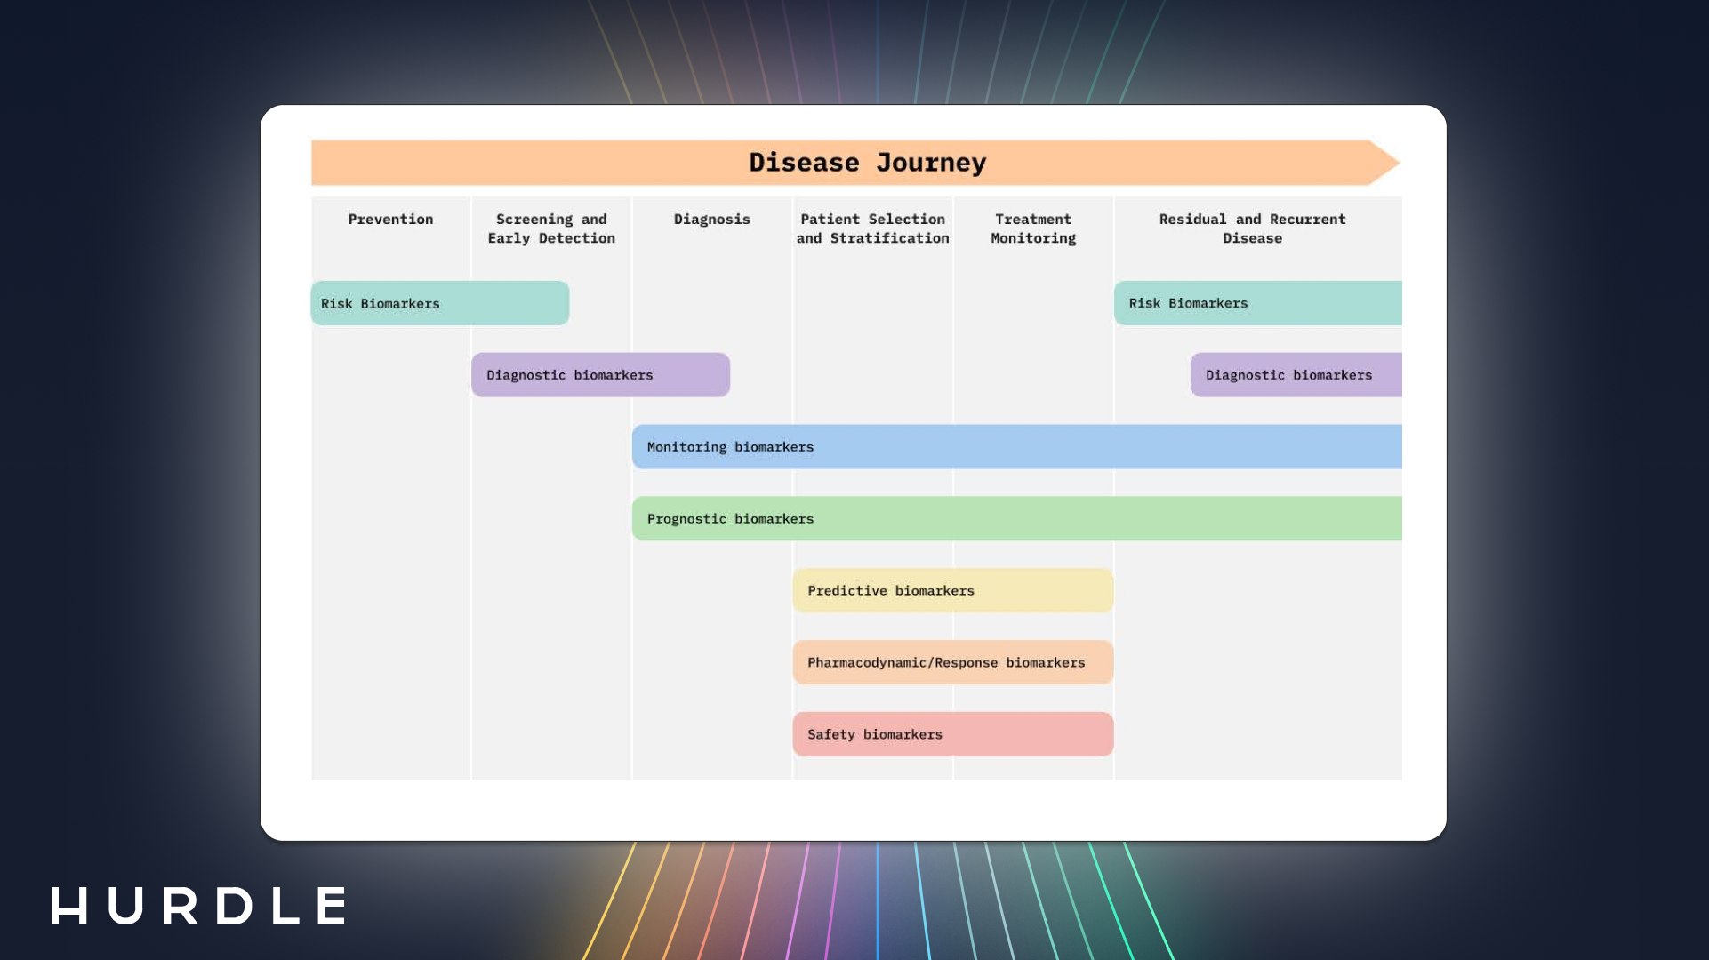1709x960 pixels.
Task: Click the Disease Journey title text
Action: [867, 163]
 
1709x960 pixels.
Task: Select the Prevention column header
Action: [390, 220]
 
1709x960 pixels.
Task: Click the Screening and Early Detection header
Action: [551, 228]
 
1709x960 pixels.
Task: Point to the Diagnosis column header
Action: [711, 220]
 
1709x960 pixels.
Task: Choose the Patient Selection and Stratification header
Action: [872, 228]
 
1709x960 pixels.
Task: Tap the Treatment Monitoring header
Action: [1033, 228]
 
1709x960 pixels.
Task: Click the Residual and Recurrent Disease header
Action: [1252, 228]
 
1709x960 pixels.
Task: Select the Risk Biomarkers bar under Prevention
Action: [440, 303]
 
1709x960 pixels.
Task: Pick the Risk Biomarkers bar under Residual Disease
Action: [1257, 303]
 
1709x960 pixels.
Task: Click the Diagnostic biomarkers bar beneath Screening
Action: [600, 375]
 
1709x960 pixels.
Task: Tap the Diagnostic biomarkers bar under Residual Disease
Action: [1296, 375]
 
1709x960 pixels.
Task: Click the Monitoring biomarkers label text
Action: [730, 447]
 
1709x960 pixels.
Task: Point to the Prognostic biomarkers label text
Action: [730, 519]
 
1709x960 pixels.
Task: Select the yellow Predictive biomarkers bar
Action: [952, 591]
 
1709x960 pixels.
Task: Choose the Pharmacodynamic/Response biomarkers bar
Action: [952, 663]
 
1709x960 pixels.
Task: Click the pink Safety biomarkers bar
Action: [952, 734]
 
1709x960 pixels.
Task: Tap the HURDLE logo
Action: [199, 906]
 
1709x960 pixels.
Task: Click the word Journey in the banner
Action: [931, 164]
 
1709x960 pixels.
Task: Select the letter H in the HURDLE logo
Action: [69, 906]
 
